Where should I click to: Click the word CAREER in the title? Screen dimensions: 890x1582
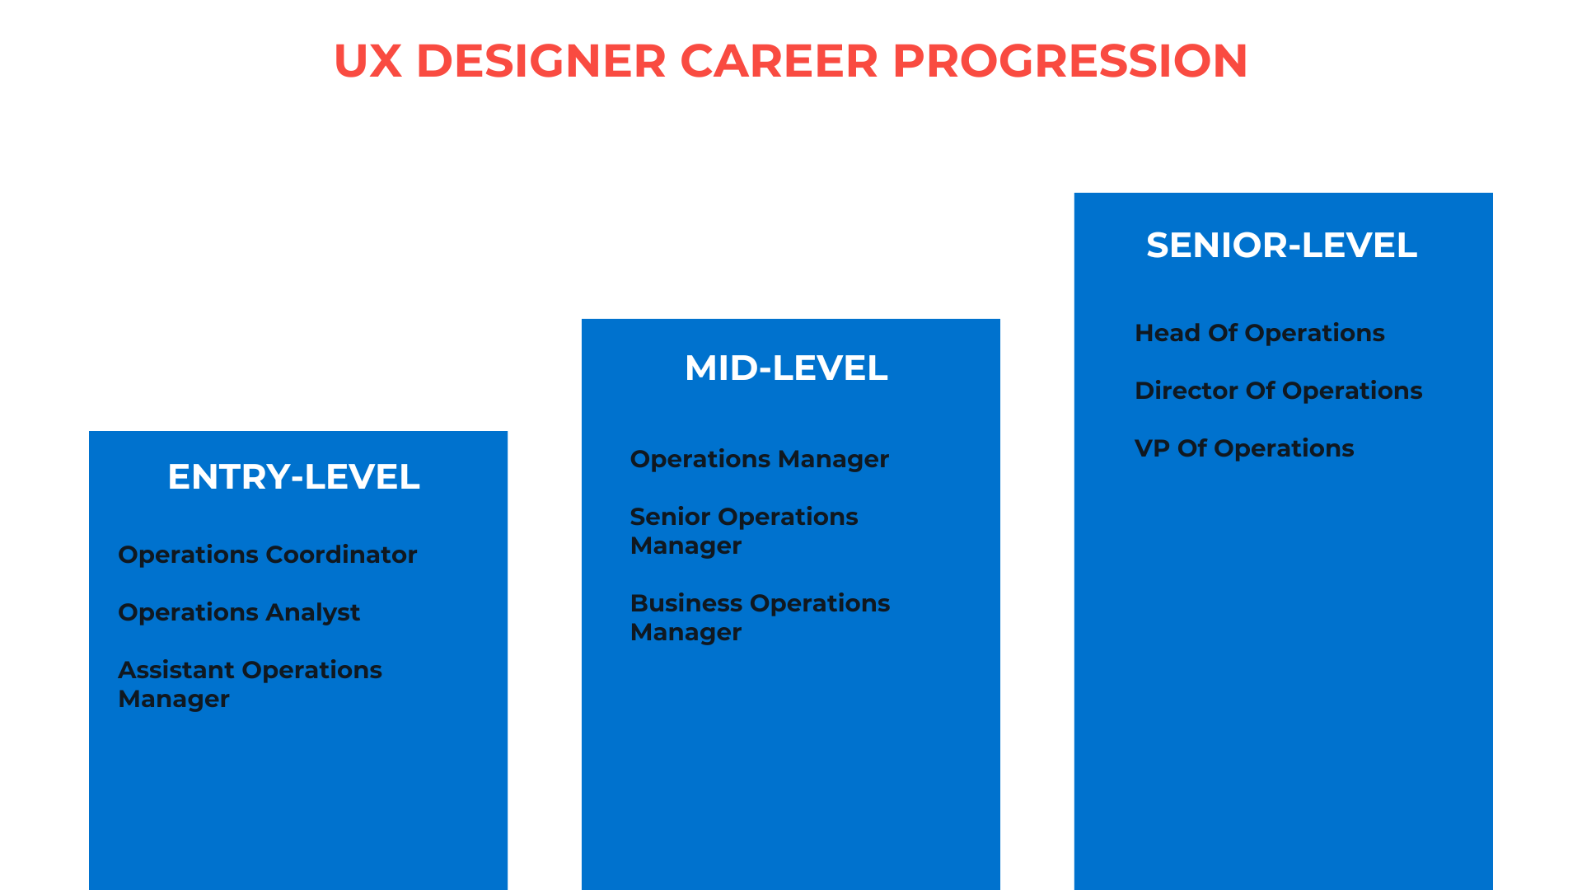point(779,61)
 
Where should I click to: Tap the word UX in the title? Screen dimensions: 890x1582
point(367,61)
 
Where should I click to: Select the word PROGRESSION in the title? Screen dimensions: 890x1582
point(1069,61)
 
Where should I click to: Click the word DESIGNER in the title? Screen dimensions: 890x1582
point(541,61)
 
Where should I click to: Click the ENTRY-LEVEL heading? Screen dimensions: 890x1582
point(293,477)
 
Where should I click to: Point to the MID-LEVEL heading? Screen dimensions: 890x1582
point(786,368)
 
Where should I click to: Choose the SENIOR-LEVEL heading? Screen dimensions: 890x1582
point(1281,246)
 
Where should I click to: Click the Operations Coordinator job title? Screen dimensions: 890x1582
point(267,555)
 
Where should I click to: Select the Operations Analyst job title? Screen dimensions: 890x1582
point(239,612)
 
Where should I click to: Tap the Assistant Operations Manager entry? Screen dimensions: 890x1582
point(250,684)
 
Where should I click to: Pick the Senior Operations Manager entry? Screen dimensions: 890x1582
point(743,531)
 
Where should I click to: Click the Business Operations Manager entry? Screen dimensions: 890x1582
point(759,617)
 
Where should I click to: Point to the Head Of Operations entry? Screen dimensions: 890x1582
point(1259,333)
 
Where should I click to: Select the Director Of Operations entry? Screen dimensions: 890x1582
point(1278,391)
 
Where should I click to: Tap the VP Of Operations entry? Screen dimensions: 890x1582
point(1243,448)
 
